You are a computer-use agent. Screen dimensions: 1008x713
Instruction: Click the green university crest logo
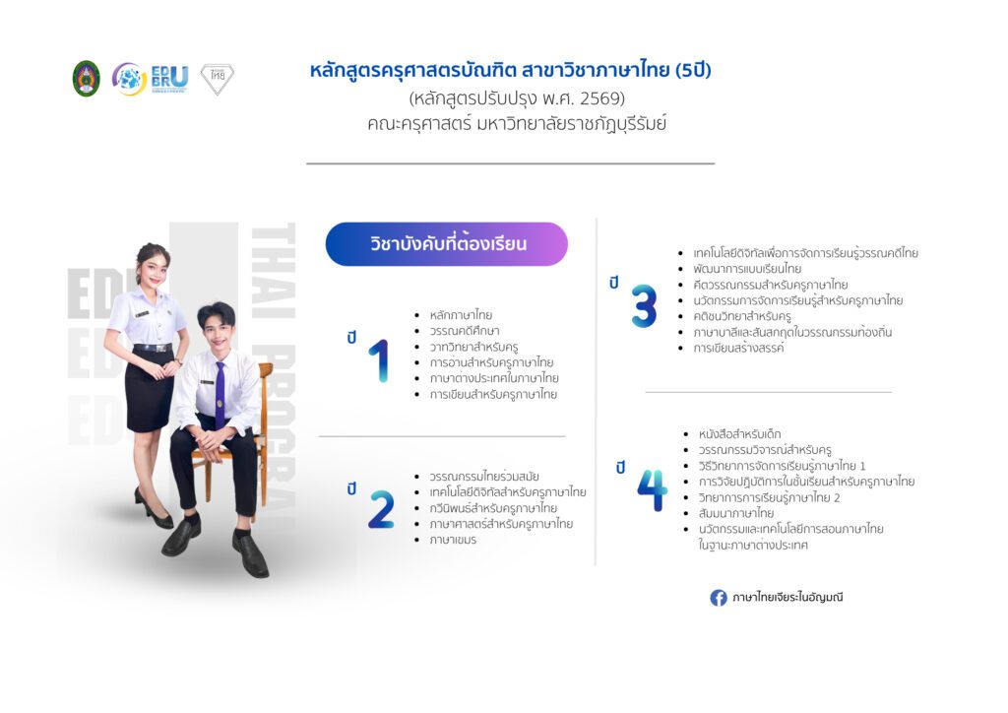(x=87, y=79)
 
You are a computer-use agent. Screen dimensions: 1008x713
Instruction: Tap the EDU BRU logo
(x=169, y=79)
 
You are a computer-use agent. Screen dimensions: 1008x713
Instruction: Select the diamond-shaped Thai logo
(x=218, y=79)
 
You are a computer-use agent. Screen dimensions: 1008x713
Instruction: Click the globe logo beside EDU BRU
(x=129, y=79)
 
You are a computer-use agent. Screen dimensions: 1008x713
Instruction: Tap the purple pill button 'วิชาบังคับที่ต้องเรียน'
(x=447, y=244)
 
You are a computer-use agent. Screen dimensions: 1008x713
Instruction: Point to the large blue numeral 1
(x=380, y=360)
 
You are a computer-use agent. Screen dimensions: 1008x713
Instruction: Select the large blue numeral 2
(x=381, y=509)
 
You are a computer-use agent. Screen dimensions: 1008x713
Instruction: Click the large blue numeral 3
(x=644, y=306)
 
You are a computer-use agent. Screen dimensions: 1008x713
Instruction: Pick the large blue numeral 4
(x=652, y=490)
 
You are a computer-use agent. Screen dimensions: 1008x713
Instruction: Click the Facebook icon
(x=718, y=598)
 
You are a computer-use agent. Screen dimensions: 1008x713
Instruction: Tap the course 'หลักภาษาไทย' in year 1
(x=461, y=315)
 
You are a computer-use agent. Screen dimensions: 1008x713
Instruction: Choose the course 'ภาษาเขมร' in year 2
(x=453, y=540)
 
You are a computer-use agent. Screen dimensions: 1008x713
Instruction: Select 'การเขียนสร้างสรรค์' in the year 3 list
(x=738, y=348)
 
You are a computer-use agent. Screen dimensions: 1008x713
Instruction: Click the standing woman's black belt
(x=153, y=348)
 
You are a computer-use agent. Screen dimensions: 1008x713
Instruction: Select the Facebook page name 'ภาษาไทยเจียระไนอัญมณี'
(x=787, y=597)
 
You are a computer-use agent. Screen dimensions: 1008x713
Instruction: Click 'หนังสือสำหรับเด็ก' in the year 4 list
(x=739, y=434)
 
